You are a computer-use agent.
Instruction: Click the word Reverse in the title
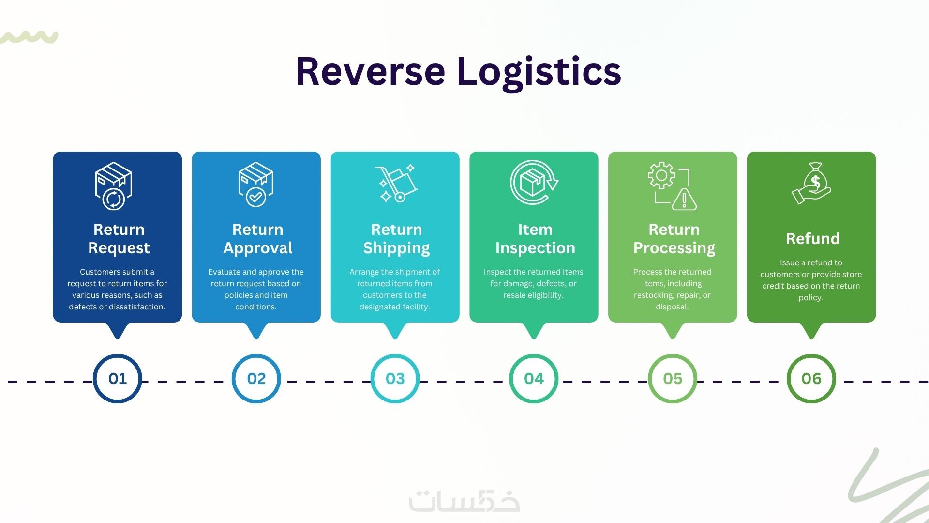pyautogui.click(x=370, y=72)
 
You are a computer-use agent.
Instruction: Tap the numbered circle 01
pyautogui.click(x=117, y=378)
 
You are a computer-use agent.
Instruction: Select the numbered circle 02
pyautogui.click(x=256, y=378)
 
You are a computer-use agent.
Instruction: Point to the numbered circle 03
pyautogui.click(x=395, y=378)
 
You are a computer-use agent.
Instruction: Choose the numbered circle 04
pyautogui.click(x=534, y=378)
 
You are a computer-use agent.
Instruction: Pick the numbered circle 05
pyautogui.click(x=673, y=378)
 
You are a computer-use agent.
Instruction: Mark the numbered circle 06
pyautogui.click(x=811, y=378)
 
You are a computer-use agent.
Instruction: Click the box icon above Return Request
pyautogui.click(x=114, y=186)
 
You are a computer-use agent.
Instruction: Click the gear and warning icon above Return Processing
pyautogui.click(x=673, y=186)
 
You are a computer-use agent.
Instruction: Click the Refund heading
pyautogui.click(x=812, y=239)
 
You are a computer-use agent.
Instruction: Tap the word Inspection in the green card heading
pyautogui.click(x=535, y=248)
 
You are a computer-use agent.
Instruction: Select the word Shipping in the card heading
pyautogui.click(x=396, y=248)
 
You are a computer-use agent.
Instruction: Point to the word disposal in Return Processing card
pyautogui.click(x=672, y=307)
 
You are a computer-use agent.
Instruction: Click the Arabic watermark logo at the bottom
pyautogui.click(x=464, y=502)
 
